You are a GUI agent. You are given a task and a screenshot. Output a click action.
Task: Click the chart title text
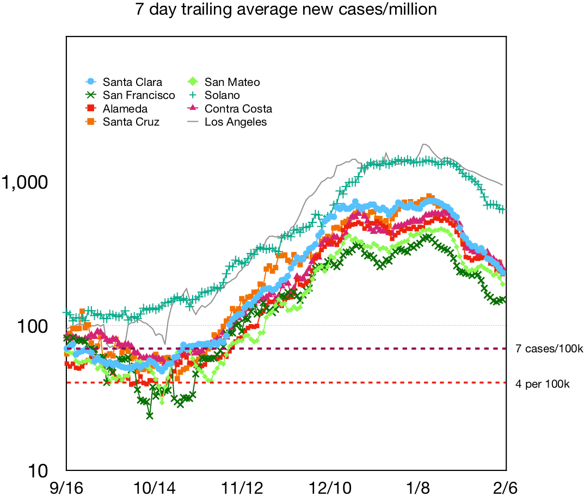286,10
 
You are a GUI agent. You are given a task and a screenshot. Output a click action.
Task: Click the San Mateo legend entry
232,82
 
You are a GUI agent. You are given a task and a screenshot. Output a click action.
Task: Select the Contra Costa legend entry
238,109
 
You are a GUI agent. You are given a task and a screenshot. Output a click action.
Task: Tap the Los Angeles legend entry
236,122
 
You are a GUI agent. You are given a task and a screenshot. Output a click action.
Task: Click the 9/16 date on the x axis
66,485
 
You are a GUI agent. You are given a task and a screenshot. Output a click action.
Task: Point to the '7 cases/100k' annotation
549,349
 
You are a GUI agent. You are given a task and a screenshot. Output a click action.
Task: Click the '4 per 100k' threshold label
542,383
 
